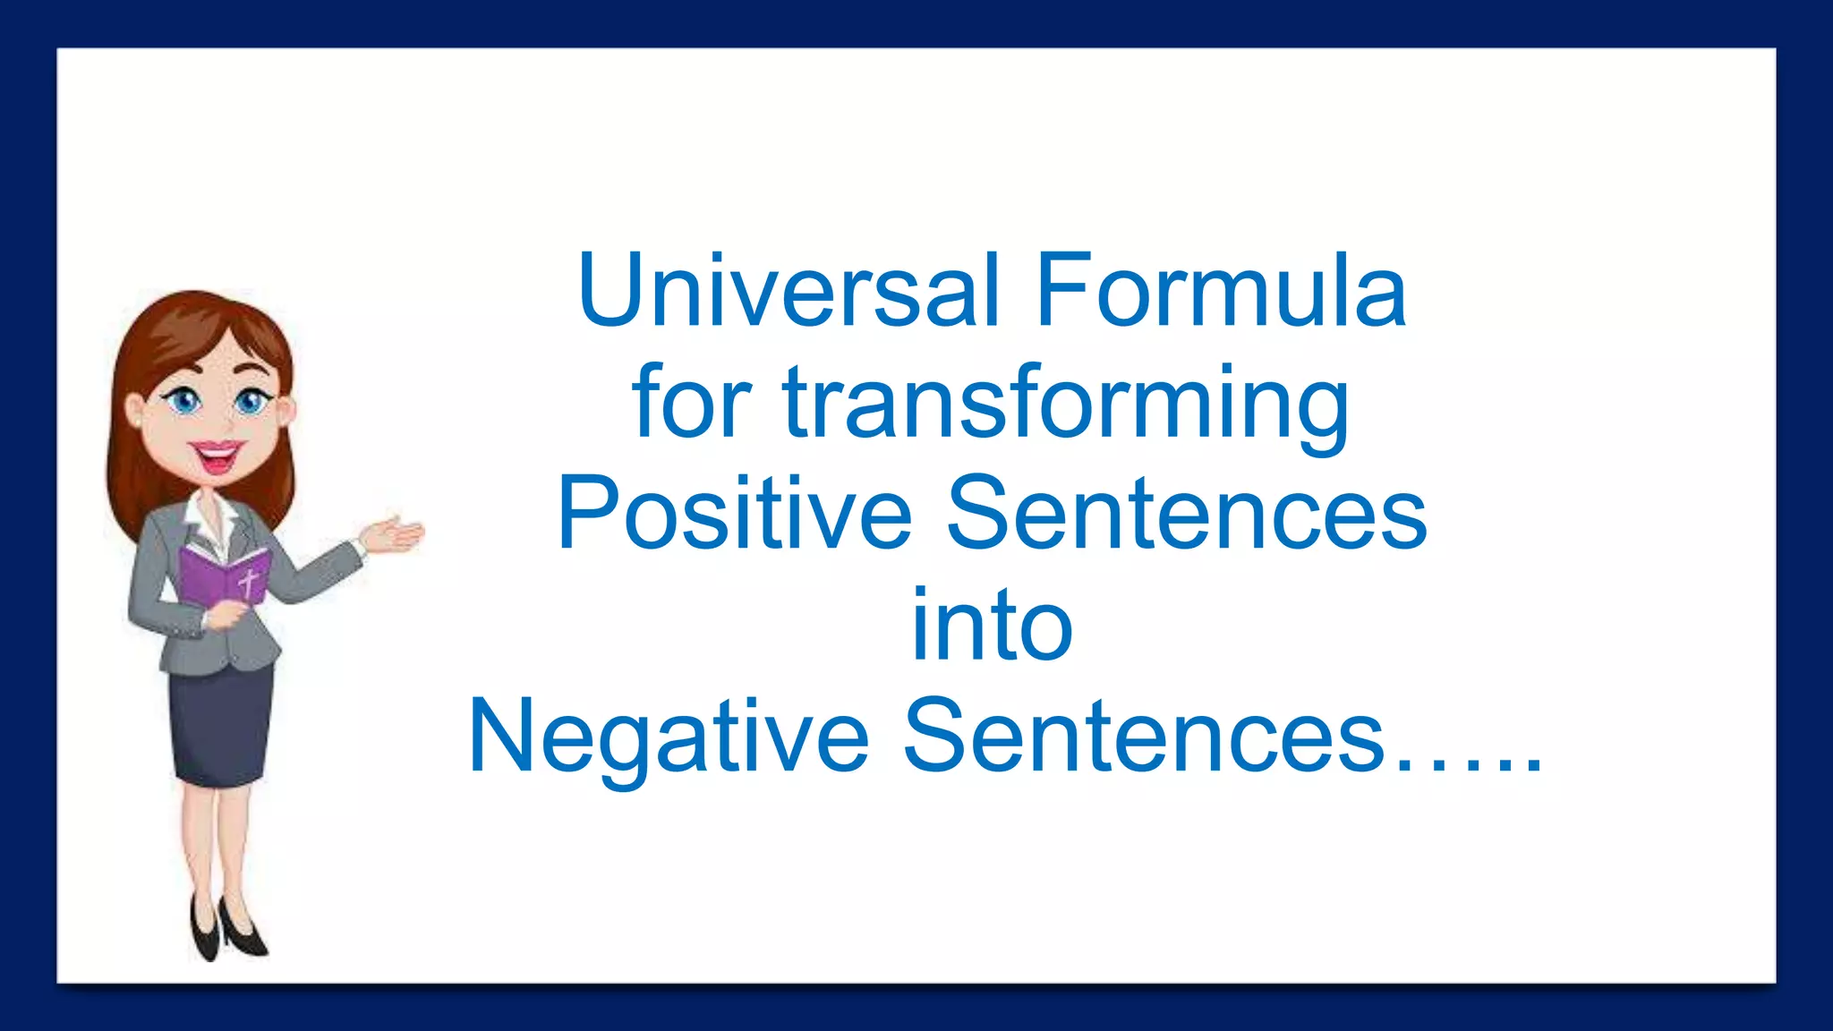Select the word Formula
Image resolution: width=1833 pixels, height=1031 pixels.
1221,290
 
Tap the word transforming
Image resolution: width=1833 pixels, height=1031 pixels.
1065,404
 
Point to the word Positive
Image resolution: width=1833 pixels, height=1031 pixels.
734,514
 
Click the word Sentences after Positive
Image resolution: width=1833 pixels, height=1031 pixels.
1186,514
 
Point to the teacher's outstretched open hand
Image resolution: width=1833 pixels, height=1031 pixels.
394,534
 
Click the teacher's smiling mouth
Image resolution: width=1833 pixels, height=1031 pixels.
216,456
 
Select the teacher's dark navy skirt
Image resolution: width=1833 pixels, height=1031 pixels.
220,725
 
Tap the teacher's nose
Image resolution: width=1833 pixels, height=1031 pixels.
223,421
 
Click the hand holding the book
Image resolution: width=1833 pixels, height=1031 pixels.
224,615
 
